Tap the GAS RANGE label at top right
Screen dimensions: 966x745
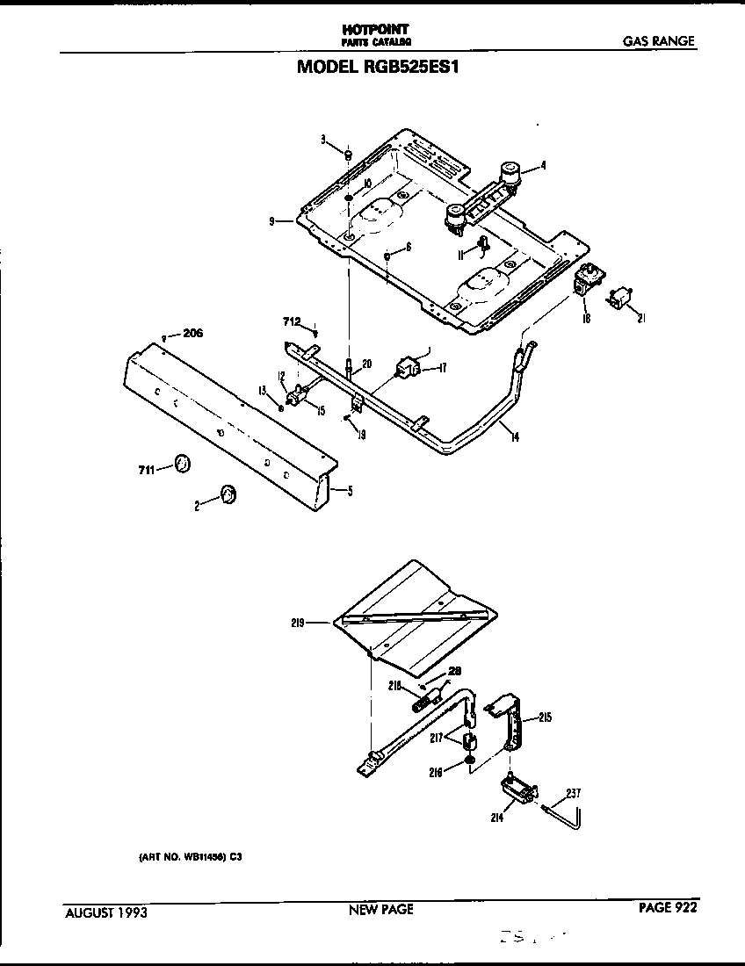(x=659, y=40)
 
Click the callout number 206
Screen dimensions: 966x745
(x=192, y=333)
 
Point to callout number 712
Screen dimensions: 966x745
(x=293, y=322)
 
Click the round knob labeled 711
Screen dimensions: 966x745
(x=182, y=464)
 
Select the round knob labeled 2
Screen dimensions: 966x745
(x=228, y=495)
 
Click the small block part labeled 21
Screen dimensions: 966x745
(x=625, y=299)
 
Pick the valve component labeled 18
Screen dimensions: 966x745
(x=586, y=284)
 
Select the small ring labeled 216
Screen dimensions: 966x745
(x=471, y=760)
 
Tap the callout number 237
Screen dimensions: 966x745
(x=572, y=793)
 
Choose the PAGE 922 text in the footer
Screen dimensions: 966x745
(x=667, y=908)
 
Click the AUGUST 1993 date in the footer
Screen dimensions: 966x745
(x=106, y=912)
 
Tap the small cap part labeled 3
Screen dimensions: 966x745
(x=347, y=155)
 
